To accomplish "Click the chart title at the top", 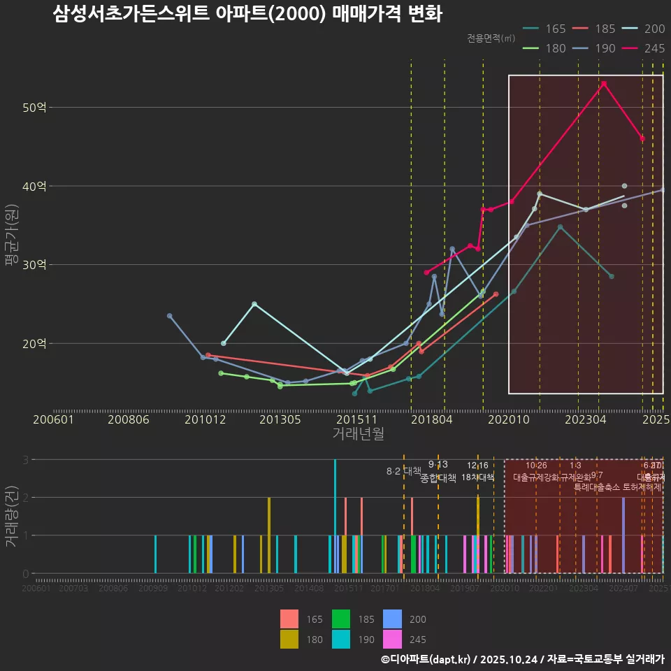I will point(247,14).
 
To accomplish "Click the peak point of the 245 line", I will point(604,84).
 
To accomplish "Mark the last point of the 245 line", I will point(642,138).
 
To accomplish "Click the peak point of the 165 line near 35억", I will point(560,227).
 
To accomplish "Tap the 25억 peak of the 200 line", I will point(254,304).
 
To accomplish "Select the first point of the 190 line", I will point(169,316).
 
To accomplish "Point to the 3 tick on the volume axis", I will point(25,460).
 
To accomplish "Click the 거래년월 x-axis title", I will point(358,434).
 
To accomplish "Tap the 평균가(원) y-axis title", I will point(11,235).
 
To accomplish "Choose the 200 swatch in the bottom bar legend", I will point(393,619).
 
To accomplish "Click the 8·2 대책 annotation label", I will point(403,471).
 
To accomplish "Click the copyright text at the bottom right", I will point(522,659).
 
